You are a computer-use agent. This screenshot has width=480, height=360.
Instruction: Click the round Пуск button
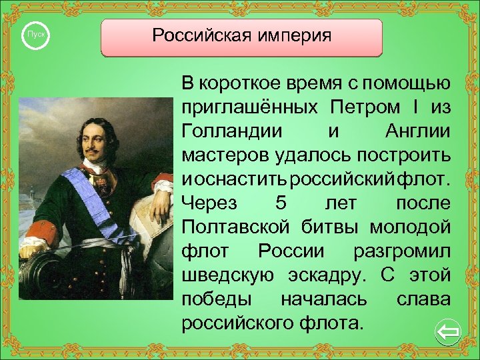(x=35, y=34)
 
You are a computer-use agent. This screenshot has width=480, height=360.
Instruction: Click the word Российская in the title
(x=197, y=35)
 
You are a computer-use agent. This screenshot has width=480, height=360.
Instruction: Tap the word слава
(x=423, y=299)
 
